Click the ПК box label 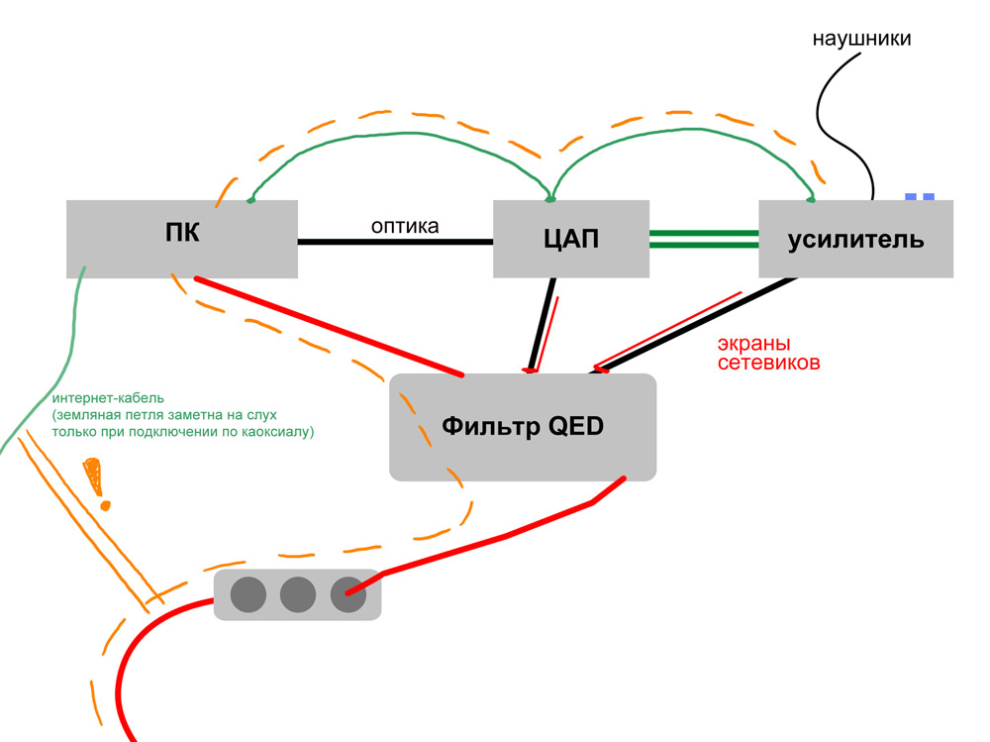182,233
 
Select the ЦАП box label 571,239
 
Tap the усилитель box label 855,240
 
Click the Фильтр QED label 522,426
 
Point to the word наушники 861,39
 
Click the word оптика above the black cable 405,226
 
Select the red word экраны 753,344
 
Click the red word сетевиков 768,363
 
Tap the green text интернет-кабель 108,398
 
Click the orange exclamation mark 96,483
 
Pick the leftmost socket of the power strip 248,594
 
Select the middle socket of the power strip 298,594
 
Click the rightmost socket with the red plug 347,594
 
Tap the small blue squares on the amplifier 920,197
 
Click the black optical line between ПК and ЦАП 395,242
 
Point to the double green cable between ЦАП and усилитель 704,239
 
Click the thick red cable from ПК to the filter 329,326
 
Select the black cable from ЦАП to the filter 543,325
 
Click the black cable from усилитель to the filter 693,326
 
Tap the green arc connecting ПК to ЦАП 404,134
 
